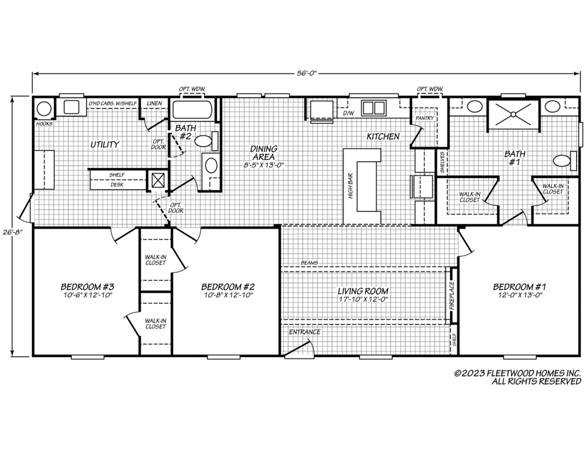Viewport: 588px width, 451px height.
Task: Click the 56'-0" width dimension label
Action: (307, 74)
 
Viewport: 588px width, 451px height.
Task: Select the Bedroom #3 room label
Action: (87, 290)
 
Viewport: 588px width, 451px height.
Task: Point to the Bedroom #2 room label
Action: (228, 290)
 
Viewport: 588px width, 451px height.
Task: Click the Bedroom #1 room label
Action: (519, 290)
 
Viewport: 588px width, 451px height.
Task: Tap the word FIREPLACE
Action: (451, 296)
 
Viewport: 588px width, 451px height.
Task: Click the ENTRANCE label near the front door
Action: (305, 332)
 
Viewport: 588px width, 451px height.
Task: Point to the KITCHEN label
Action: (383, 137)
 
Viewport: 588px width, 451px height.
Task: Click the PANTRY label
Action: (425, 118)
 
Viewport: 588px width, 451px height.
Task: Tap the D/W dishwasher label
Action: (347, 112)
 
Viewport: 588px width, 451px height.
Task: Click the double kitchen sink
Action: (373, 108)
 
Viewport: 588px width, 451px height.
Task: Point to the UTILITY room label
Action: (105, 144)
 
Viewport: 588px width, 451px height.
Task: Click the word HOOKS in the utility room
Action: (44, 123)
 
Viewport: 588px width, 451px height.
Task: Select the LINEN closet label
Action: (154, 103)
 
